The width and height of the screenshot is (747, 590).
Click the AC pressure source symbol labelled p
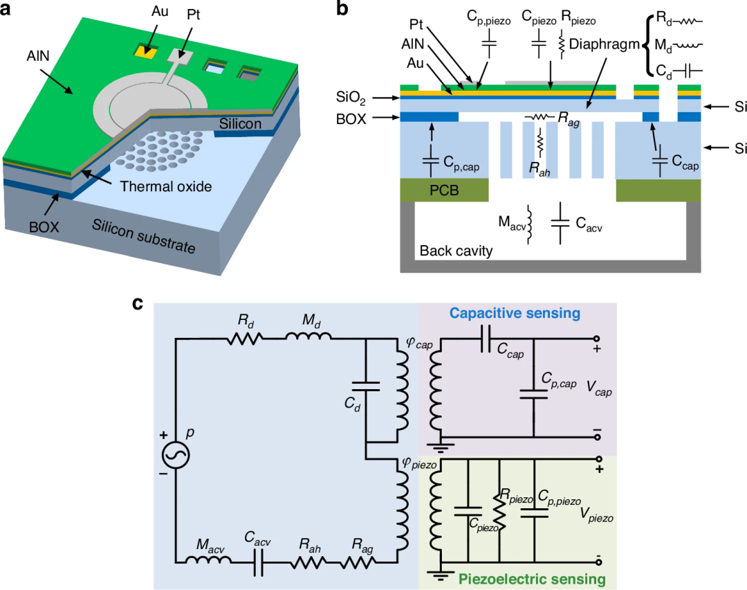point(176,454)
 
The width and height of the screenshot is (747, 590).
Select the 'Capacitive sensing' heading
point(515,314)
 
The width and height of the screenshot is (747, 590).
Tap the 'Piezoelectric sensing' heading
point(532,579)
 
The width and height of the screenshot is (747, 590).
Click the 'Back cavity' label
point(456,251)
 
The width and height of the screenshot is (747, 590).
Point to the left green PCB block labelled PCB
point(444,190)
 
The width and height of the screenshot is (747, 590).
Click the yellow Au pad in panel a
point(146,51)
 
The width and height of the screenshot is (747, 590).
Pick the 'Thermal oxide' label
point(166,186)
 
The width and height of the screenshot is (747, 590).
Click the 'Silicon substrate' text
point(143,236)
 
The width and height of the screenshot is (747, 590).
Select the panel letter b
point(342,8)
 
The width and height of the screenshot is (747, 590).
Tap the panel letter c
point(138,303)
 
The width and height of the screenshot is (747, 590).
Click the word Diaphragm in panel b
point(604,44)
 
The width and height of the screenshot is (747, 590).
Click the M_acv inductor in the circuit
point(207,560)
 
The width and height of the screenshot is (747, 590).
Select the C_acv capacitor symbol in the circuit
point(258,562)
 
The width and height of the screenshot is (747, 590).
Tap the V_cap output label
point(599,388)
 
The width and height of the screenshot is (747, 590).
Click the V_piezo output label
point(596,515)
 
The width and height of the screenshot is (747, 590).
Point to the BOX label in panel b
point(351,119)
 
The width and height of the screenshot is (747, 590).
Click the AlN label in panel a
point(38,56)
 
